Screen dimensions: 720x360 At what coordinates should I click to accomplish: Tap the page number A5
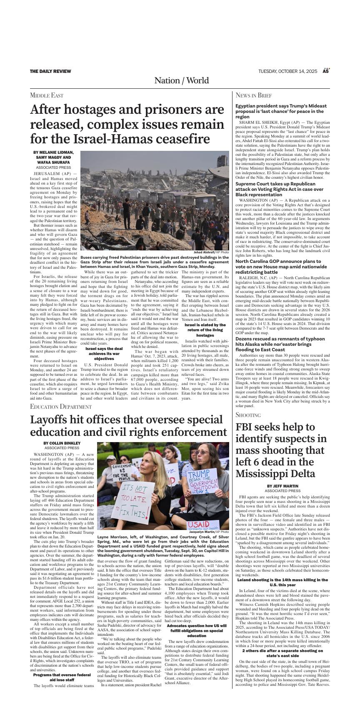pos(326,71)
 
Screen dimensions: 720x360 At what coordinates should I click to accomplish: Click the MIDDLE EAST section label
pos(47,95)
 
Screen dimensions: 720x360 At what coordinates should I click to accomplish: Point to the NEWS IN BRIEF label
pos(253,95)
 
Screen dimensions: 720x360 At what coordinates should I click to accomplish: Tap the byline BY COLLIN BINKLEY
pos(62,443)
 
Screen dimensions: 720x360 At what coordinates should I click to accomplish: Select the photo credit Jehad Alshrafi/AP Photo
pos(211,252)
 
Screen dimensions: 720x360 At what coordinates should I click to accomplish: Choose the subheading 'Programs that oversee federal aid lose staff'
pos(62,677)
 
